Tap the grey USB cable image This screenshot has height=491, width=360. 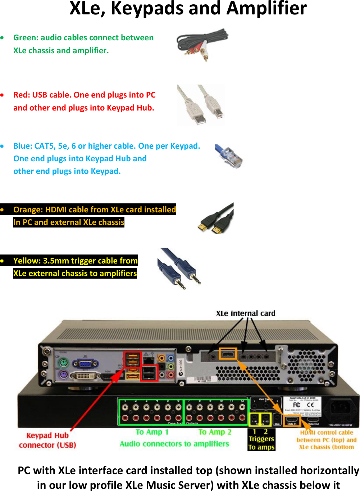pyautogui.click(x=201, y=105)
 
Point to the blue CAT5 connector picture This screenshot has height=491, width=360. pyautogui.click(x=229, y=157)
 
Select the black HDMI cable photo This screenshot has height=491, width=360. pyautogui.click(x=216, y=219)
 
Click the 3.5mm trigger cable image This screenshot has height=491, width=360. pyautogui.click(x=179, y=269)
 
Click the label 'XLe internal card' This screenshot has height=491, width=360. pyautogui.click(x=245, y=314)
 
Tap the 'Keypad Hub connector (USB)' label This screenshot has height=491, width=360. pyautogui.click(x=47, y=440)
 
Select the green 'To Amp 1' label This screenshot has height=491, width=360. pyautogui.click(x=152, y=432)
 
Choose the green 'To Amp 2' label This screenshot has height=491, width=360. pyautogui.click(x=215, y=432)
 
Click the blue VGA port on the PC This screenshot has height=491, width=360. pyautogui.click(x=85, y=364)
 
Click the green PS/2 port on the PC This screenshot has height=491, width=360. pyautogui.click(x=63, y=362)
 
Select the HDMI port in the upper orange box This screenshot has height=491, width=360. pyautogui.click(x=228, y=354)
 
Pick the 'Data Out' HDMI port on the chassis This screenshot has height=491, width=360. pyautogui.click(x=313, y=420)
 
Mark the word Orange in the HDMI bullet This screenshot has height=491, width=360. pyautogui.click(x=28, y=210)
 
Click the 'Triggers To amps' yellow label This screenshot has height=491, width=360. pyautogui.click(x=261, y=440)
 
